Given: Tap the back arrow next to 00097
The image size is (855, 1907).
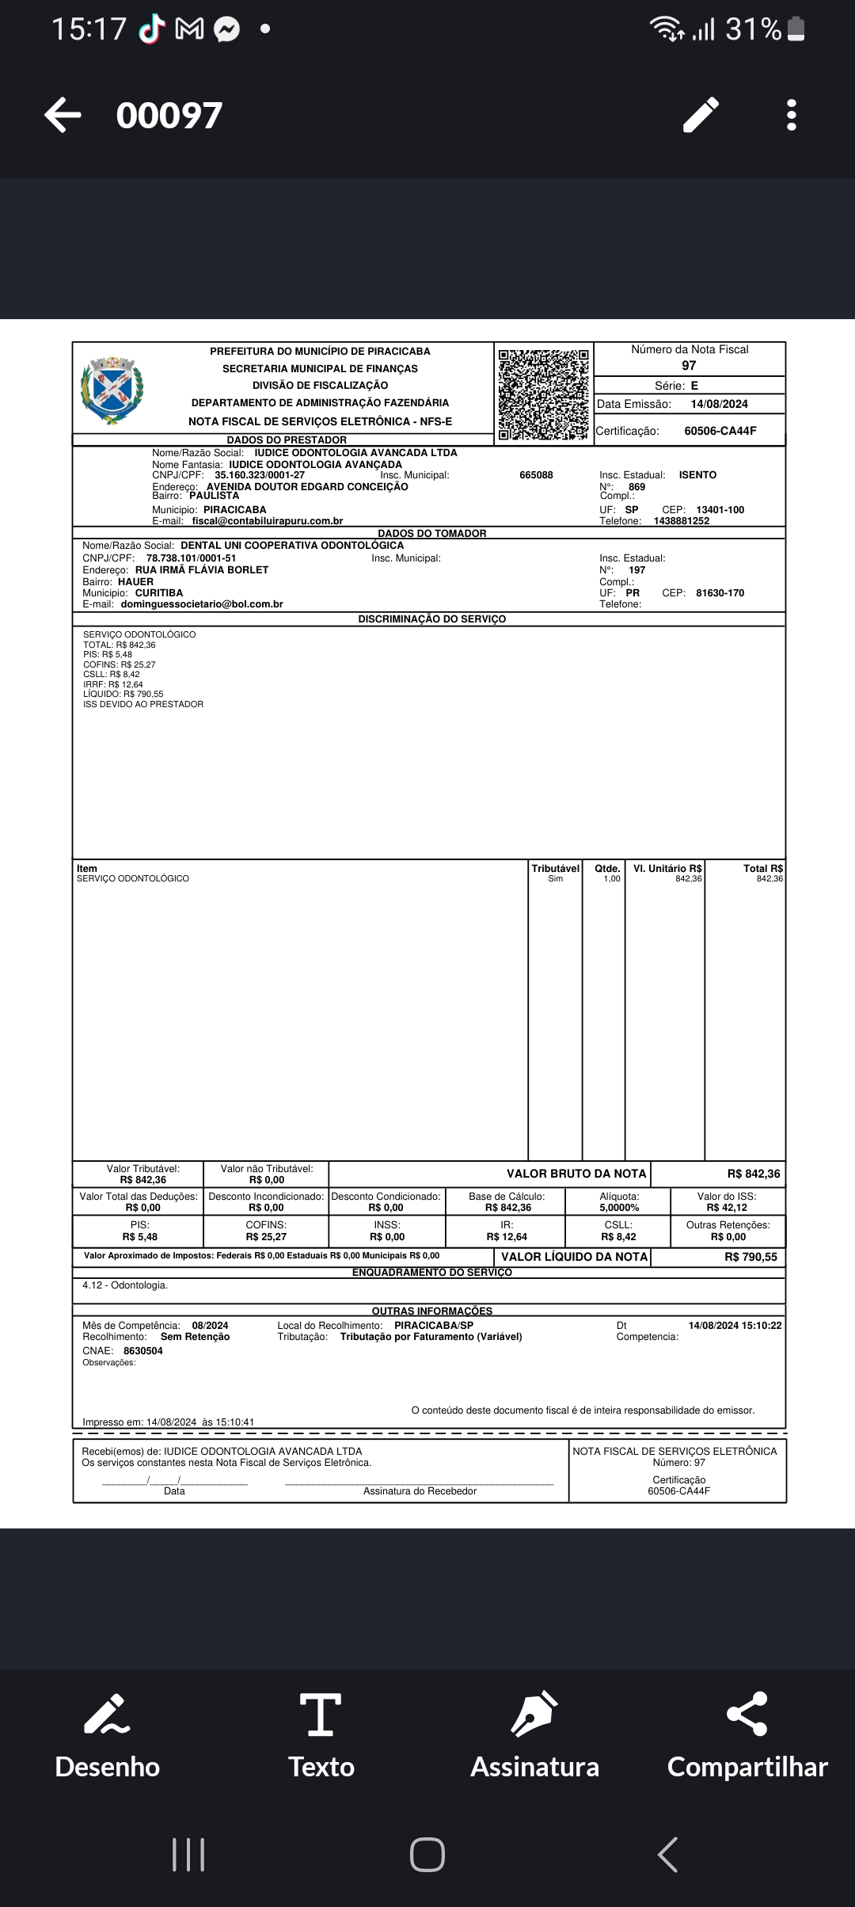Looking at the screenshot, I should pos(63,115).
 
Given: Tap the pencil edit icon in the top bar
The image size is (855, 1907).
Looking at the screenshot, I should pos(701,115).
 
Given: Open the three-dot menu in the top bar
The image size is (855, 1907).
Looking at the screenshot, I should pos(791,115).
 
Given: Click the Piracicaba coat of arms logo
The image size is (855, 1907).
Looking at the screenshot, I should pos(112,390).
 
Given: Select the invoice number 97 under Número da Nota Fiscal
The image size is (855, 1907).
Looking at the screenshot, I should pos(689,365).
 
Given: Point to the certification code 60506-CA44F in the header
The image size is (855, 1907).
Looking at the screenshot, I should pos(720,431).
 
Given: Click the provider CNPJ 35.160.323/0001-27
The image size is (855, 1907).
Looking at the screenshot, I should pos(260,475).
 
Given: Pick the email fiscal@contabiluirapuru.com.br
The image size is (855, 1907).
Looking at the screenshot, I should pos(268,521).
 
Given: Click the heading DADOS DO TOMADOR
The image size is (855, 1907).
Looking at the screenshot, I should pos(431,533).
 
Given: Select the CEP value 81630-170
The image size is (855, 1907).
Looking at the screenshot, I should pos(720,592).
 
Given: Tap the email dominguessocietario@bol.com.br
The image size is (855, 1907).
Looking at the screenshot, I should pos(202,603).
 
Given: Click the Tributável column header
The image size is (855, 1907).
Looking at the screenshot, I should pos(555,868).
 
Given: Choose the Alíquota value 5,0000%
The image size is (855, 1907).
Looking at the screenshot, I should pos(619,1208).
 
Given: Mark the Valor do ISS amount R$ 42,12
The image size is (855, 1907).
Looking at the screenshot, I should pos(727,1208).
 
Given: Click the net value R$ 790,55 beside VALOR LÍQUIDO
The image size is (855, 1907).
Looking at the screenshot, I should pos(750,1257).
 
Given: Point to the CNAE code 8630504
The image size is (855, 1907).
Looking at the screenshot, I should pos(143,1350).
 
